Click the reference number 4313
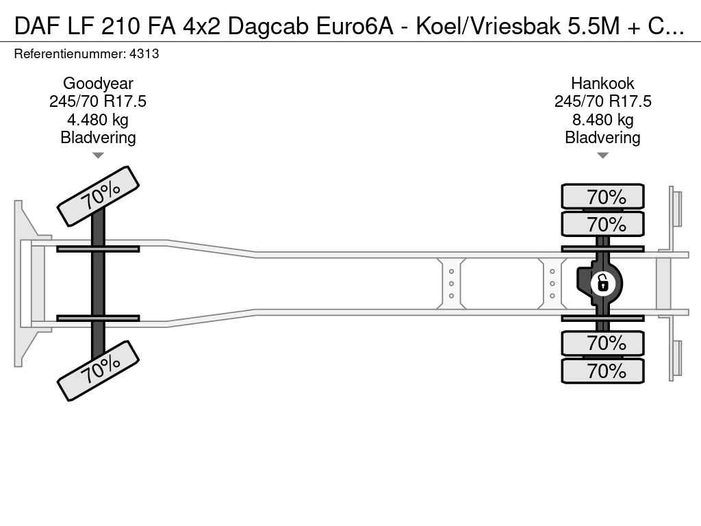point(144,53)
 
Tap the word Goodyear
point(98,83)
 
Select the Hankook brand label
point(602,83)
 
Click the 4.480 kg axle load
point(98,120)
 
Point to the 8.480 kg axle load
point(602,120)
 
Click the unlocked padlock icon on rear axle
point(602,284)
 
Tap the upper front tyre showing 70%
point(99,197)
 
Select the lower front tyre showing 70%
point(99,371)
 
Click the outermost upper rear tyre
point(602,197)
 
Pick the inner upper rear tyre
point(602,224)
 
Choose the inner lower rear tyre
point(602,344)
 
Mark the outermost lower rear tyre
point(602,371)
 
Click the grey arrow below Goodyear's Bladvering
point(98,155)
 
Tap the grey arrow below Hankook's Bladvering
point(602,155)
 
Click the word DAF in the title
point(37,27)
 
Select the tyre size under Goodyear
point(98,101)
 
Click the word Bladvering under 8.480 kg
point(602,138)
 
